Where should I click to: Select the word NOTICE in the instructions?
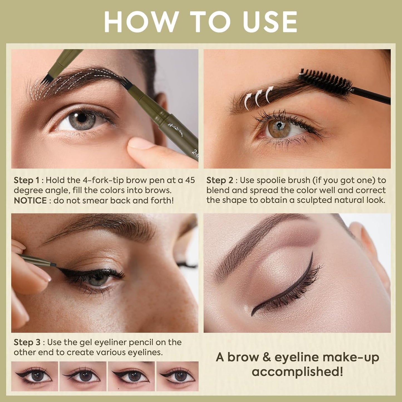pyautogui.click(x=30, y=201)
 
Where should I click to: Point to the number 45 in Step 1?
pyautogui.click(x=190, y=180)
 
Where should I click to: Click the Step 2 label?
pyautogui.click(x=220, y=180)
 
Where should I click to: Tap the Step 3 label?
pyautogui.click(x=27, y=342)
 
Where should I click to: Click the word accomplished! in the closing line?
pyautogui.click(x=297, y=372)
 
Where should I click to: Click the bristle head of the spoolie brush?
pyautogui.click(x=325, y=81)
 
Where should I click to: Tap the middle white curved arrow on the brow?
pyautogui.click(x=259, y=98)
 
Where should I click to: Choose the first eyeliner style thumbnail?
pyautogui.click(x=35, y=376)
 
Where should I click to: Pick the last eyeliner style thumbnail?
pyautogui.click(x=177, y=376)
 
